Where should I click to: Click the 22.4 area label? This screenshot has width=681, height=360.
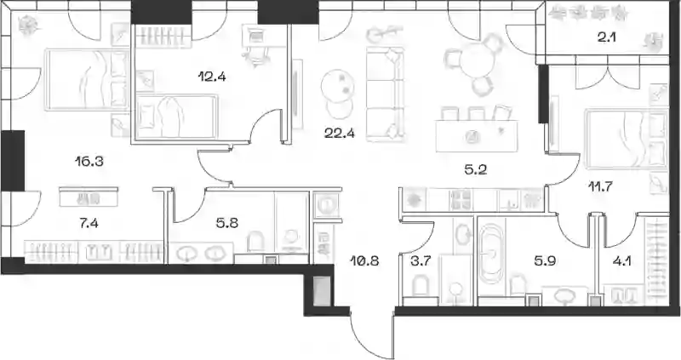[x=339, y=133]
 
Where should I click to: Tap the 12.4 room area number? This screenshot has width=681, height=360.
[x=211, y=77]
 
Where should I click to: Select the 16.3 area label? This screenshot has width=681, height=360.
[x=89, y=162]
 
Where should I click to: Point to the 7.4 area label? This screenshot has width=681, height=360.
[x=89, y=224]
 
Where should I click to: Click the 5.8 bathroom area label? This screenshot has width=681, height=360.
[x=227, y=224]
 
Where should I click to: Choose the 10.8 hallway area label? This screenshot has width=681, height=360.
[x=364, y=261]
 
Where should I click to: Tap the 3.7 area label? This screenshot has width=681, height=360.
[x=420, y=261]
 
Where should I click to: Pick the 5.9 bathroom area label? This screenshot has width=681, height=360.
[x=545, y=261]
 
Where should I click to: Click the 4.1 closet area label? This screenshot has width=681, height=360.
[x=621, y=261]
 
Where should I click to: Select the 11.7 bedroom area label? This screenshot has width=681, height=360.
[x=600, y=186]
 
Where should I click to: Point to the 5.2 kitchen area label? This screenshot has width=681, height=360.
[x=475, y=169]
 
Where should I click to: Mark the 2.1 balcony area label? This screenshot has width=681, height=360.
[x=607, y=37]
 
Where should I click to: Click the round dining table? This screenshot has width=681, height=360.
[x=477, y=61]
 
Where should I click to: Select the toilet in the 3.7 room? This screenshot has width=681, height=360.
[x=420, y=287]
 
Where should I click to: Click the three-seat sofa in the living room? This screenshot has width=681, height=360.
[x=386, y=94]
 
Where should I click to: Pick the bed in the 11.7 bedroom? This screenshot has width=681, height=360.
[x=626, y=139]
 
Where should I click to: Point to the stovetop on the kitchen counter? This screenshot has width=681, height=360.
[x=461, y=200]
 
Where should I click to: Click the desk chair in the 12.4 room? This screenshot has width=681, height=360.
[x=254, y=55]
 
